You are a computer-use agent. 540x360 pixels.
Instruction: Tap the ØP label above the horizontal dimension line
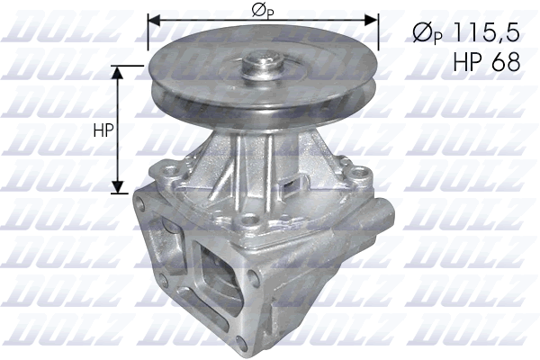coord(262,11)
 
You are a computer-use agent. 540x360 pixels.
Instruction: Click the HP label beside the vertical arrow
coord(103,130)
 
